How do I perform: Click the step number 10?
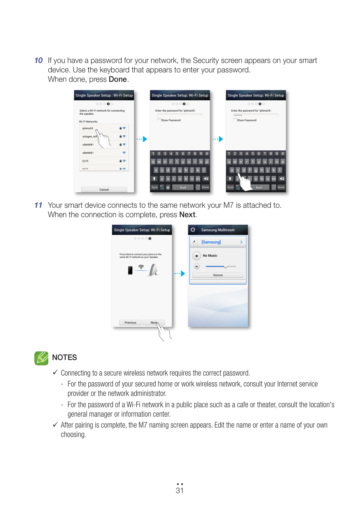(x=38, y=61)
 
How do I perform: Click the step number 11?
(x=38, y=205)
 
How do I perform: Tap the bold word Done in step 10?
(x=117, y=80)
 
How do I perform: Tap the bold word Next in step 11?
(x=187, y=215)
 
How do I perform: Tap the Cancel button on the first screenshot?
(x=104, y=190)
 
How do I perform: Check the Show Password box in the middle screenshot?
(x=159, y=120)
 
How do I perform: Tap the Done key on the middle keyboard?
(x=205, y=187)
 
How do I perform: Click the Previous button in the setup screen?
(x=130, y=323)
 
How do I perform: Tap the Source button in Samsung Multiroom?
(x=218, y=275)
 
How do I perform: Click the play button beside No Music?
(x=197, y=256)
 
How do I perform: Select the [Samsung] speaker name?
(x=211, y=242)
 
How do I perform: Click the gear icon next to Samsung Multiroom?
(x=193, y=230)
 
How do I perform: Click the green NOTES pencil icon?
(x=42, y=358)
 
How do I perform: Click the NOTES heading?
(x=65, y=358)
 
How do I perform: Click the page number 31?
(x=180, y=491)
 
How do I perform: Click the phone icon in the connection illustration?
(x=130, y=270)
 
